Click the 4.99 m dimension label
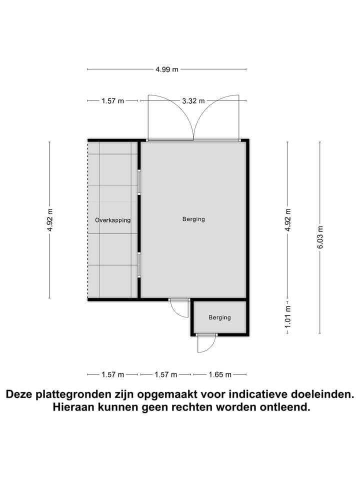[x=167, y=69]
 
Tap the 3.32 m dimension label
[x=193, y=100]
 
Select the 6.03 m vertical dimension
[x=320, y=237]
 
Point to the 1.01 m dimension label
[x=287, y=316]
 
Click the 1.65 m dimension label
[x=219, y=374]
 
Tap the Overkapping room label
[x=113, y=220]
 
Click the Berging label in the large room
[x=193, y=219]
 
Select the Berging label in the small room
[x=220, y=317]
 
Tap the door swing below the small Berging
[x=206, y=343]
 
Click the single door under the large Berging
[x=179, y=308]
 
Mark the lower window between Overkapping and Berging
[x=139, y=264]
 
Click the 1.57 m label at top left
[x=112, y=100]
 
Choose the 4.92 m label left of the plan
[x=49, y=219]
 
